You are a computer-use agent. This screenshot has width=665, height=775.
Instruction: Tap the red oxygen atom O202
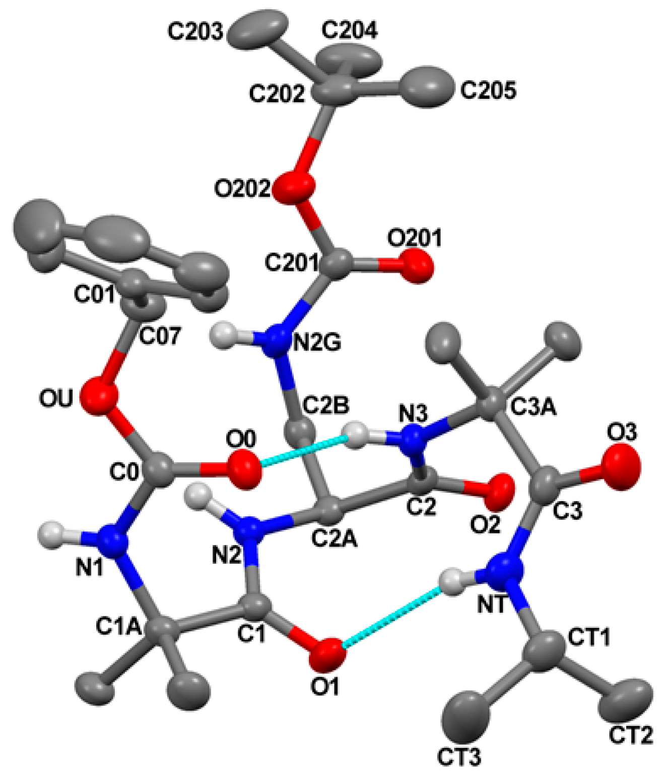294,188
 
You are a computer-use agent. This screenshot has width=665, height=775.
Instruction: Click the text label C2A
334,539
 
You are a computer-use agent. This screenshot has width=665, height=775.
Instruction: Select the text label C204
349,31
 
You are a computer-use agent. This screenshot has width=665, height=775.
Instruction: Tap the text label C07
159,336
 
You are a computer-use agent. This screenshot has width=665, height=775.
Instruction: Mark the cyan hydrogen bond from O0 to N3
304,450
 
